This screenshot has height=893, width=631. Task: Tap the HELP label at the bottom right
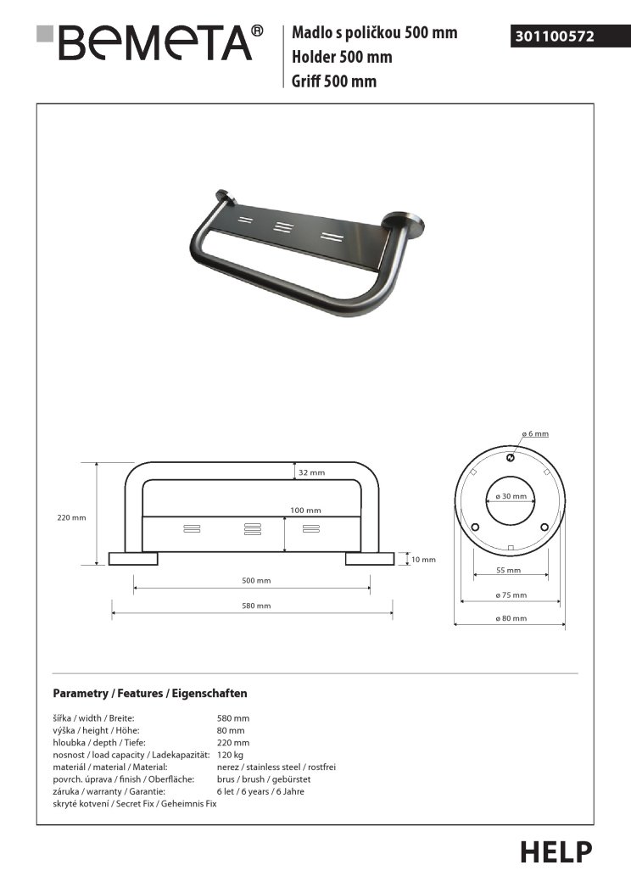click(x=556, y=851)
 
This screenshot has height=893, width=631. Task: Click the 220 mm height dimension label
click(x=72, y=517)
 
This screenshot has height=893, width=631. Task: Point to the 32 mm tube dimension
click(x=311, y=472)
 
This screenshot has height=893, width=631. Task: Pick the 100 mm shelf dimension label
click(x=306, y=511)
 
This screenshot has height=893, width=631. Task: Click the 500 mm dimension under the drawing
click(x=256, y=580)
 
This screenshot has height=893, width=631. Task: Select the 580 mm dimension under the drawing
click(x=256, y=606)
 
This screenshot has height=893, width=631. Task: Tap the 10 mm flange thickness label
click(x=422, y=560)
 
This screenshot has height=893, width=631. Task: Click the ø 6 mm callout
click(x=535, y=434)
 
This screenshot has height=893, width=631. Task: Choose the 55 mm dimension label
click(x=509, y=571)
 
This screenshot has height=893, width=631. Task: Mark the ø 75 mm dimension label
click(x=511, y=595)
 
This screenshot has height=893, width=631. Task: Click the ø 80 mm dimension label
click(x=511, y=618)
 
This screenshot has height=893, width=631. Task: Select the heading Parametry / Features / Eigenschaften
click(x=150, y=693)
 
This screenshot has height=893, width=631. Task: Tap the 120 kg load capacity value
click(x=231, y=754)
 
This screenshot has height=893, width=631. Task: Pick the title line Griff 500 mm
click(x=334, y=81)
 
